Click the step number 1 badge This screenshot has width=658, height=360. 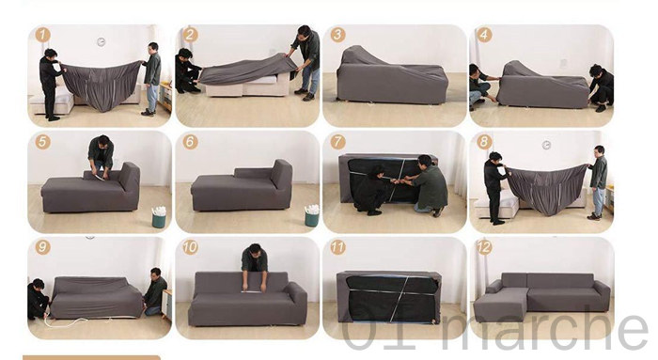point(43,35)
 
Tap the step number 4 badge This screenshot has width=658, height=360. point(484,35)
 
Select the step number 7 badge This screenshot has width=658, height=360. point(337,142)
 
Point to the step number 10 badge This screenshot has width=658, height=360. point(190,247)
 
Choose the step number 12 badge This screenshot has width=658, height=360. point(484,247)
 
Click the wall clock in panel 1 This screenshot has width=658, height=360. point(102,41)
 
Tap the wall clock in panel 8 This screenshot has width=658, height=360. point(546,145)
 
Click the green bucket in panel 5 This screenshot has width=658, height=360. point(159,217)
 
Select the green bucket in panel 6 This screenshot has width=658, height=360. point(312,216)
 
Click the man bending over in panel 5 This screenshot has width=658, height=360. point(101,155)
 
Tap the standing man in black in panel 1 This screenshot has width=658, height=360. point(51,84)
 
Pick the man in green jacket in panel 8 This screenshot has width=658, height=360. point(598,182)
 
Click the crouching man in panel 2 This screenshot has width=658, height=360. point(187,71)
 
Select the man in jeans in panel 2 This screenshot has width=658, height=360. point(305,62)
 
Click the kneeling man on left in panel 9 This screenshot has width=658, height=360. point(38,299)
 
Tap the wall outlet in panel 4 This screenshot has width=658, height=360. point(563,63)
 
